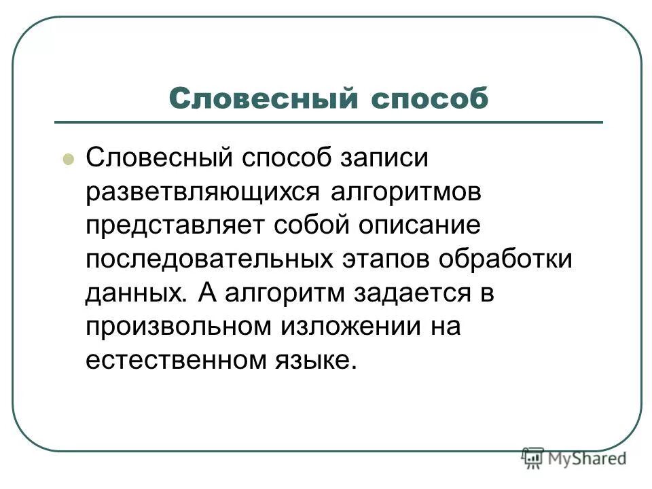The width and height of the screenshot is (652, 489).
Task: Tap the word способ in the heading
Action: click(x=429, y=99)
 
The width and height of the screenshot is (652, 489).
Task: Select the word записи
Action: click(x=380, y=160)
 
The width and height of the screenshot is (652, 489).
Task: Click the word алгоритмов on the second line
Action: click(x=405, y=193)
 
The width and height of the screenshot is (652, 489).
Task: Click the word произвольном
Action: click(x=177, y=327)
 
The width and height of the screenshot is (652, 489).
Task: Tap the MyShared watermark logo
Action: click(x=574, y=458)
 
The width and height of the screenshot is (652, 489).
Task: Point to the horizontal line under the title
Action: click(x=329, y=122)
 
